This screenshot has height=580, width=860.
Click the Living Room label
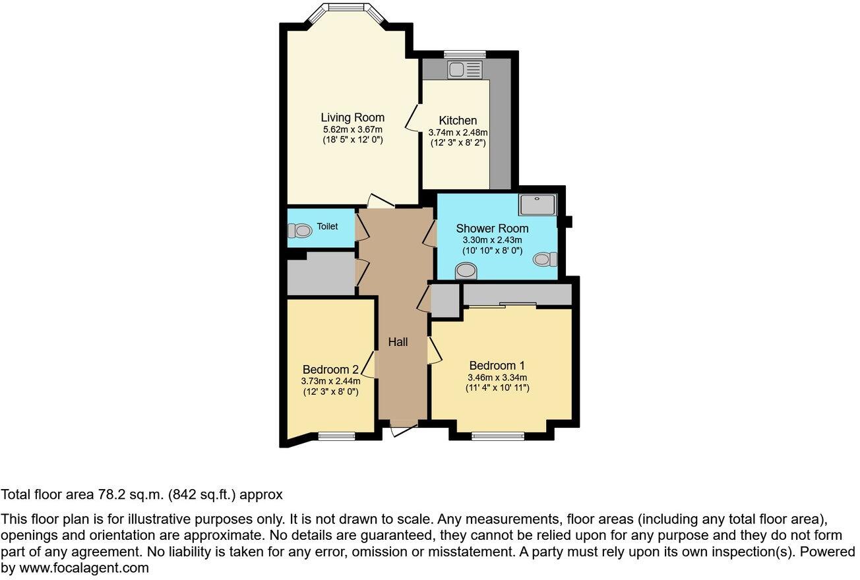click(352, 118)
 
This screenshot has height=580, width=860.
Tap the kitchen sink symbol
click(466, 69)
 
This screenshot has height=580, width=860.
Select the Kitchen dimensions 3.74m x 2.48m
click(458, 132)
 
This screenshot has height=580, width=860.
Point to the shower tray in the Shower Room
click(538, 205)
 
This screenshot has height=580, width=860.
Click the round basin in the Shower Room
click(466, 270)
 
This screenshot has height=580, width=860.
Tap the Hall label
click(398, 342)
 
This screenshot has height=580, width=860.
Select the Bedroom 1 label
click(497, 366)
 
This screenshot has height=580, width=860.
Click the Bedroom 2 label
click(330, 370)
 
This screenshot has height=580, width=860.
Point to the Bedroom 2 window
click(336, 435)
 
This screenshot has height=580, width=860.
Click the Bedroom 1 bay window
click(498, 435)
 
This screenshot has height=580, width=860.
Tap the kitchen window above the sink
click(465, 54)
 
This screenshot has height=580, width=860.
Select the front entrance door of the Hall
click(403, 427)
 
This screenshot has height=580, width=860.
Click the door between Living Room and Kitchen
click(414, 118)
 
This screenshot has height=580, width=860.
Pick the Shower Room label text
click(492, 229)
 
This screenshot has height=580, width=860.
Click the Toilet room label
click(327, 227)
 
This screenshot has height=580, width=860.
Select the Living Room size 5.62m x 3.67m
click(352, 129)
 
